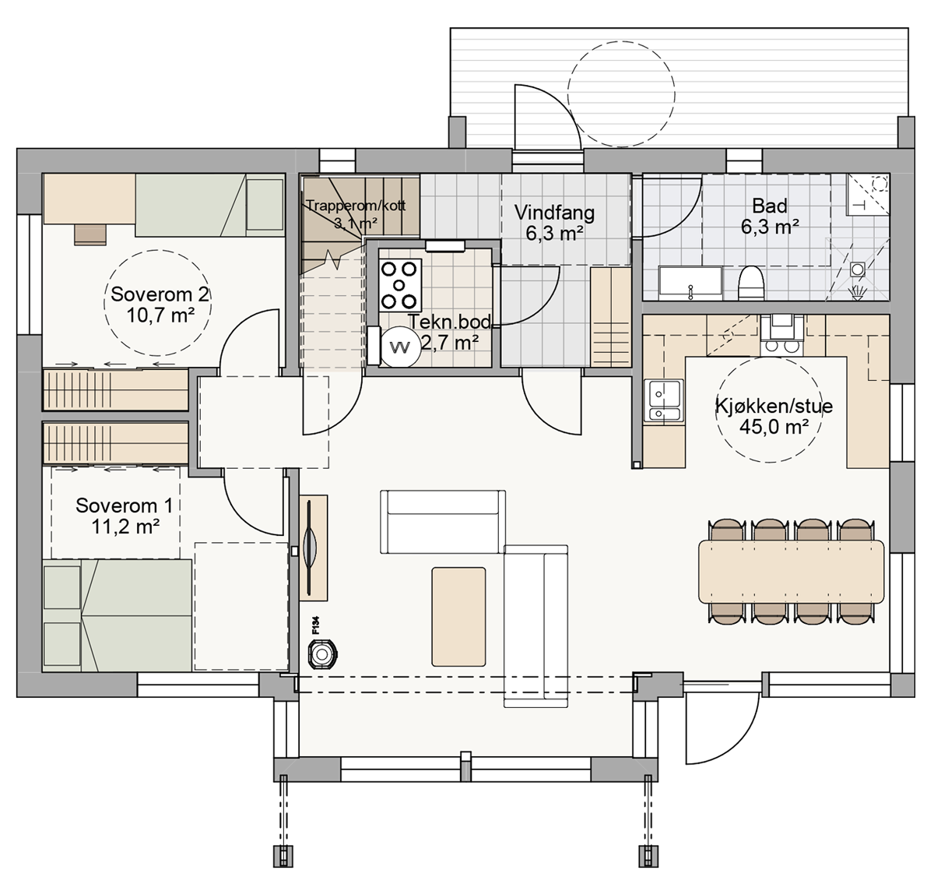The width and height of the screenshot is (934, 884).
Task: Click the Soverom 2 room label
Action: click(159, 305)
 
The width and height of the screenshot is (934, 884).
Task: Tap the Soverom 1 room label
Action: click(124, 516)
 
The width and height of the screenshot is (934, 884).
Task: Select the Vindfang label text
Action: click(554, 213)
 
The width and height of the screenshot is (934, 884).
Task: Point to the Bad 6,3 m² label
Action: click(770, 217)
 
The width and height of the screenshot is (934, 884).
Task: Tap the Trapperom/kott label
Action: click(356, 206)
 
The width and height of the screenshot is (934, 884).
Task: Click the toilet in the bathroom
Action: click(751, 283)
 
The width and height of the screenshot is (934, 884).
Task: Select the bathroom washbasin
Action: click(690, 284)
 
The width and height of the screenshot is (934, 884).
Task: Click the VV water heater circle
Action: click(399, 347)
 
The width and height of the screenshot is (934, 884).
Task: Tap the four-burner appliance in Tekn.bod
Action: click(400, 285)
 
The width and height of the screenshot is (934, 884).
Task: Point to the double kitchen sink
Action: click(664, 400)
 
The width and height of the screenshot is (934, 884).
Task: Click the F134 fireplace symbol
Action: click(322, 655)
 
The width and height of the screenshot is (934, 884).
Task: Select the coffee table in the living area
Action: click(458, 617)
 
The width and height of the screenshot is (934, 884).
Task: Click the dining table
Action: click(791, 571)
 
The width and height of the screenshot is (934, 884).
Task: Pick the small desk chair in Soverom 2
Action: click(90, 235)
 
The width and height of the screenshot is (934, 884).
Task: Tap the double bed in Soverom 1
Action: click(117, 615)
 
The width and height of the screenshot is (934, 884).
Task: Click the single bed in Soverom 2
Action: click(210, 205)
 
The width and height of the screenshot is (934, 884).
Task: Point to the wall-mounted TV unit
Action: click(313, 547)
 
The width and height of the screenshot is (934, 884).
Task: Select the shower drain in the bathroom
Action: click(858, 269)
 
